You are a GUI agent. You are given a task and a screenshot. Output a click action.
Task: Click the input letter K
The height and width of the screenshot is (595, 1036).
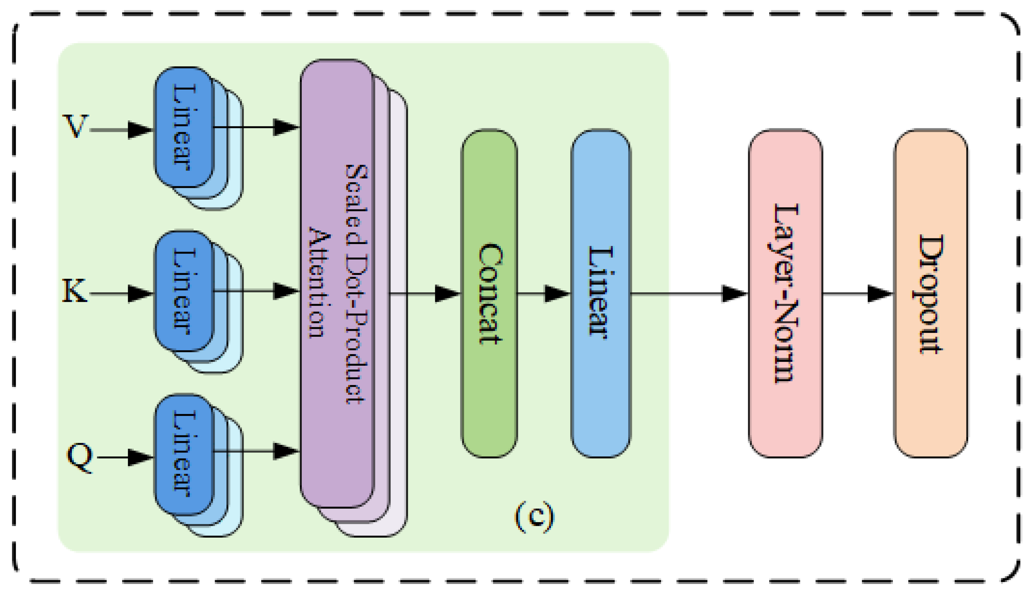coord(74,291)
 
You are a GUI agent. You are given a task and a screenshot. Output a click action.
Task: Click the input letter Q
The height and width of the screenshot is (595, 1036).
coord(80,458)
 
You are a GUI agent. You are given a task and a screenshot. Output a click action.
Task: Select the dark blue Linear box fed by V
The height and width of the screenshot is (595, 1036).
coord(184,127)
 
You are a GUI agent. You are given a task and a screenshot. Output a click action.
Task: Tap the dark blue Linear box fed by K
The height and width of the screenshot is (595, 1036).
coord(184,291)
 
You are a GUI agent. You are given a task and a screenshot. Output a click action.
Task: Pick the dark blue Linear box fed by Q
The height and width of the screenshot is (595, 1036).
coord(184,454)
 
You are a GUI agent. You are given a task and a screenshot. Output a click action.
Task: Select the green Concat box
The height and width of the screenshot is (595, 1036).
coord(489,294)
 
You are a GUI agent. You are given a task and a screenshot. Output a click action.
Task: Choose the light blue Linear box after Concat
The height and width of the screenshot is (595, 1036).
coord(600,294)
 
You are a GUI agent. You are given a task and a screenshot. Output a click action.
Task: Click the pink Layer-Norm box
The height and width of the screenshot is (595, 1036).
coord(785,294)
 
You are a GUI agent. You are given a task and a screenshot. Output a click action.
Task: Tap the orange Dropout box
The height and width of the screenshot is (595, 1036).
coord(931,294)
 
